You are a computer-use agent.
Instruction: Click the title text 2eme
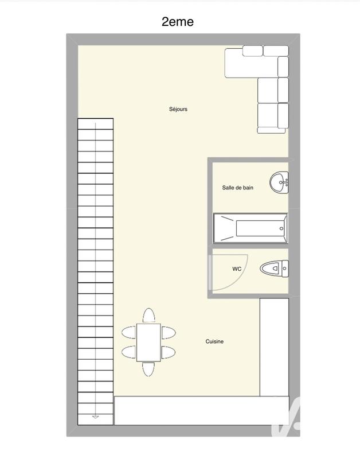tap(178, 22)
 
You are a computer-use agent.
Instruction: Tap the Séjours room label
tap(178, 109)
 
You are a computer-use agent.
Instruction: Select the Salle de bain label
tap(238, 188)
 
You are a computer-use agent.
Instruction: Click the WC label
tap(237, 269)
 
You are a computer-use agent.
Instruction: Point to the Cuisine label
tap(214, 342)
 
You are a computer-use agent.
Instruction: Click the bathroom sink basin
tap(279, 182)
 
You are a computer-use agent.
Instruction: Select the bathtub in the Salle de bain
tap(251, 228)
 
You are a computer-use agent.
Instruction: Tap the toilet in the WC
tap(274, 268)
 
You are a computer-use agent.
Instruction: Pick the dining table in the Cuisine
tap(149, 342)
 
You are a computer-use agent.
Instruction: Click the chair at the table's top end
tap(149, 316)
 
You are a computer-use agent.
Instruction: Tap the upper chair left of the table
tap(128, 332)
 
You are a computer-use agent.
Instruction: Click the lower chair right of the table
tap(169, 351)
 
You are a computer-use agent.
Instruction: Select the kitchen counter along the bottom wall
tap(195, 411)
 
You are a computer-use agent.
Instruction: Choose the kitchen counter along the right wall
tap(273, 347)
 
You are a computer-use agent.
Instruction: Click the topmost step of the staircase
tap(95, 123)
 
